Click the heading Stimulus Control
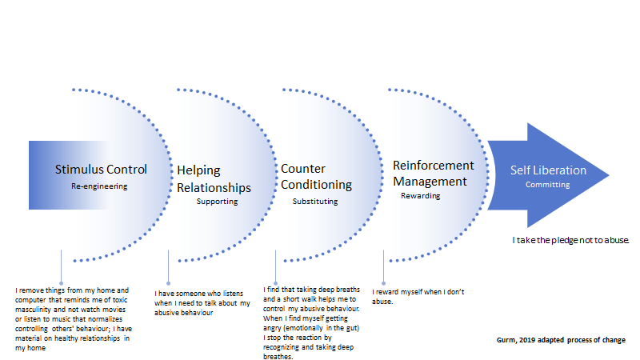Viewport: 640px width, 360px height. pos(101,169)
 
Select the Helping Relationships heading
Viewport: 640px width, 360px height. pos(214,179)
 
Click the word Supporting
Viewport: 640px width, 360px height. pos(217,202)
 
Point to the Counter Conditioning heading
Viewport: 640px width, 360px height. pos(316,177)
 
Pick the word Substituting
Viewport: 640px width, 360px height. pos(314,202)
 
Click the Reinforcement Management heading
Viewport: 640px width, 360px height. pos(434,173)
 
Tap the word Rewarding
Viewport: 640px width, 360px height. pos(420,195)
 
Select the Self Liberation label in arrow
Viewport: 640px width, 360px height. pos(548,170)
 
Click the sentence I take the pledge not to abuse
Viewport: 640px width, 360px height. pos(571,239)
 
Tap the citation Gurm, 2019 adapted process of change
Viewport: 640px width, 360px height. pos(560,340)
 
